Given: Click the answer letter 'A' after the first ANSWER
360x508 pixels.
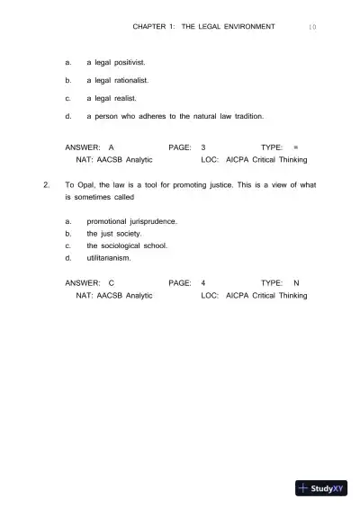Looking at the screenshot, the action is (111, 146).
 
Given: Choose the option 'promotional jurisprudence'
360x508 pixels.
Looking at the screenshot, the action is (131, 220).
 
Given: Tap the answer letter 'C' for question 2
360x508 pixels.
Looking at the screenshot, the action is (111, 283).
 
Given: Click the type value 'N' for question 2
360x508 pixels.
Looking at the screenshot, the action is (296, 283).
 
